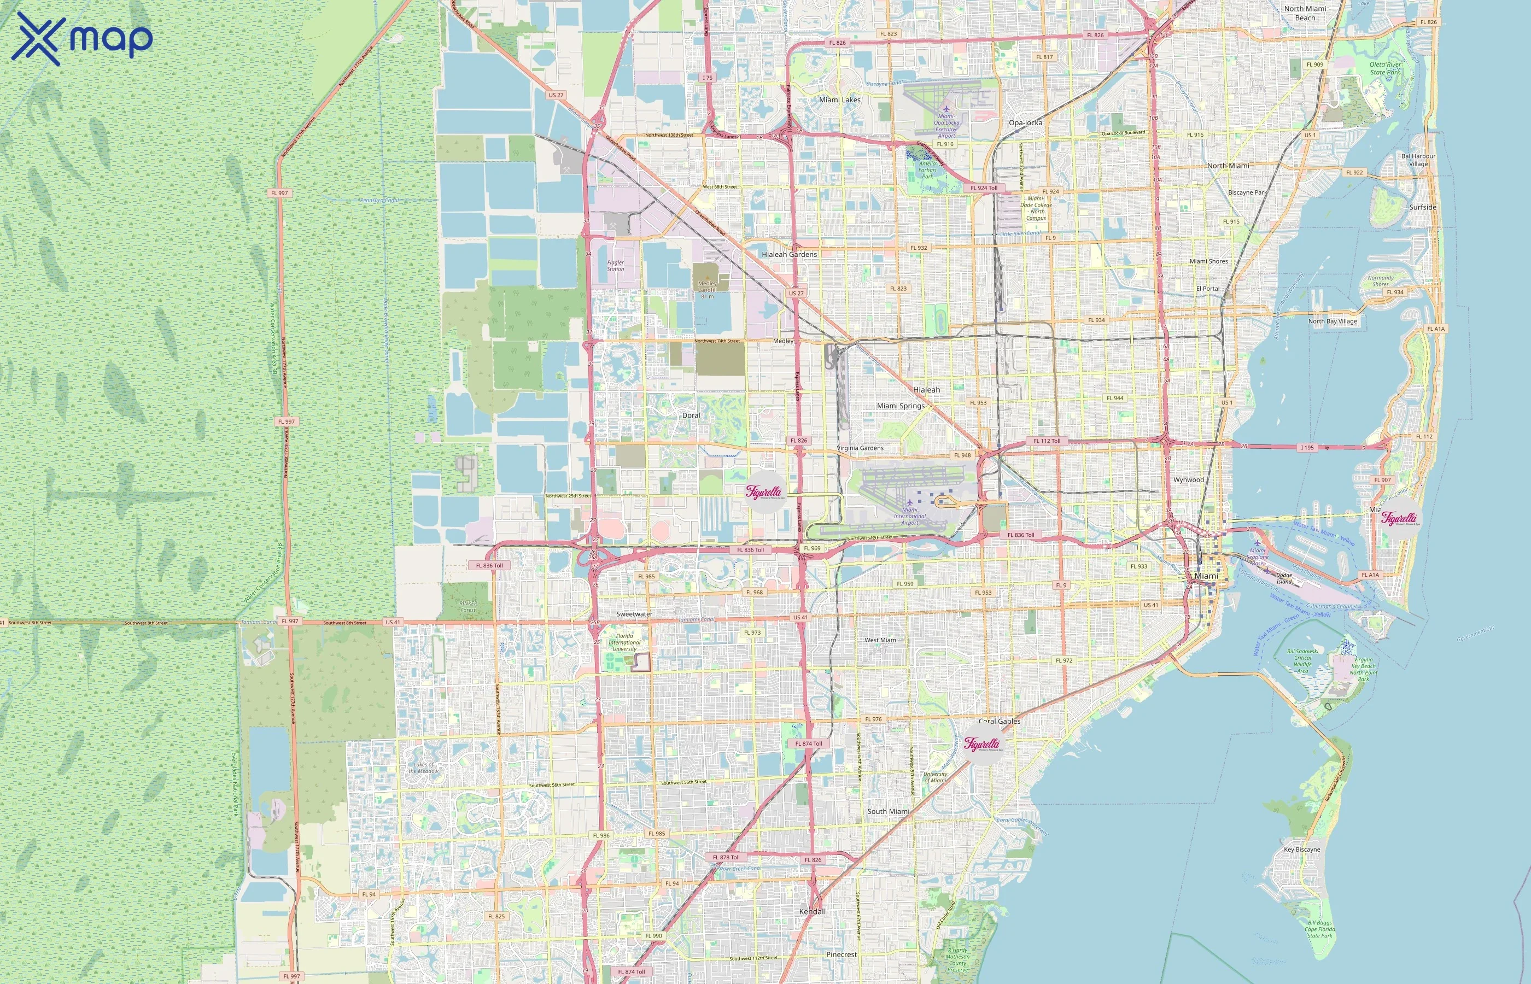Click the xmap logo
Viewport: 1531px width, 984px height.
point(82,38)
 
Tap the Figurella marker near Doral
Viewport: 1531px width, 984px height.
point(765,492)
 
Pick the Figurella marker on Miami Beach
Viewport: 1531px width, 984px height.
point(1399,518)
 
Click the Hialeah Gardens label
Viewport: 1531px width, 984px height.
point(789,254)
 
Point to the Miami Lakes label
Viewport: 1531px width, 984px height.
point(840,99)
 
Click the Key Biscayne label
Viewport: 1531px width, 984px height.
point(1301,850)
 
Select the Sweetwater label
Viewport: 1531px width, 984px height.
point(634,614)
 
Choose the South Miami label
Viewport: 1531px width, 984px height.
point(888,811)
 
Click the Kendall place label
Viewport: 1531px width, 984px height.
point(812,912)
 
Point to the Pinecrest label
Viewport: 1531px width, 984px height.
point(841,954)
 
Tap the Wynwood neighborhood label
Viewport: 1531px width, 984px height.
point(1189,480)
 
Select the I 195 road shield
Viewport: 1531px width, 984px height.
point(1307,448)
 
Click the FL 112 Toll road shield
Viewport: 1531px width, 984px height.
point(1047,441)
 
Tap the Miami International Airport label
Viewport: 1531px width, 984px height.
point(909,516)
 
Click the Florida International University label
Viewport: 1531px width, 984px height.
point(624,642)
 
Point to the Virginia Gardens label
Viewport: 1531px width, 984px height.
point(860,448)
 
